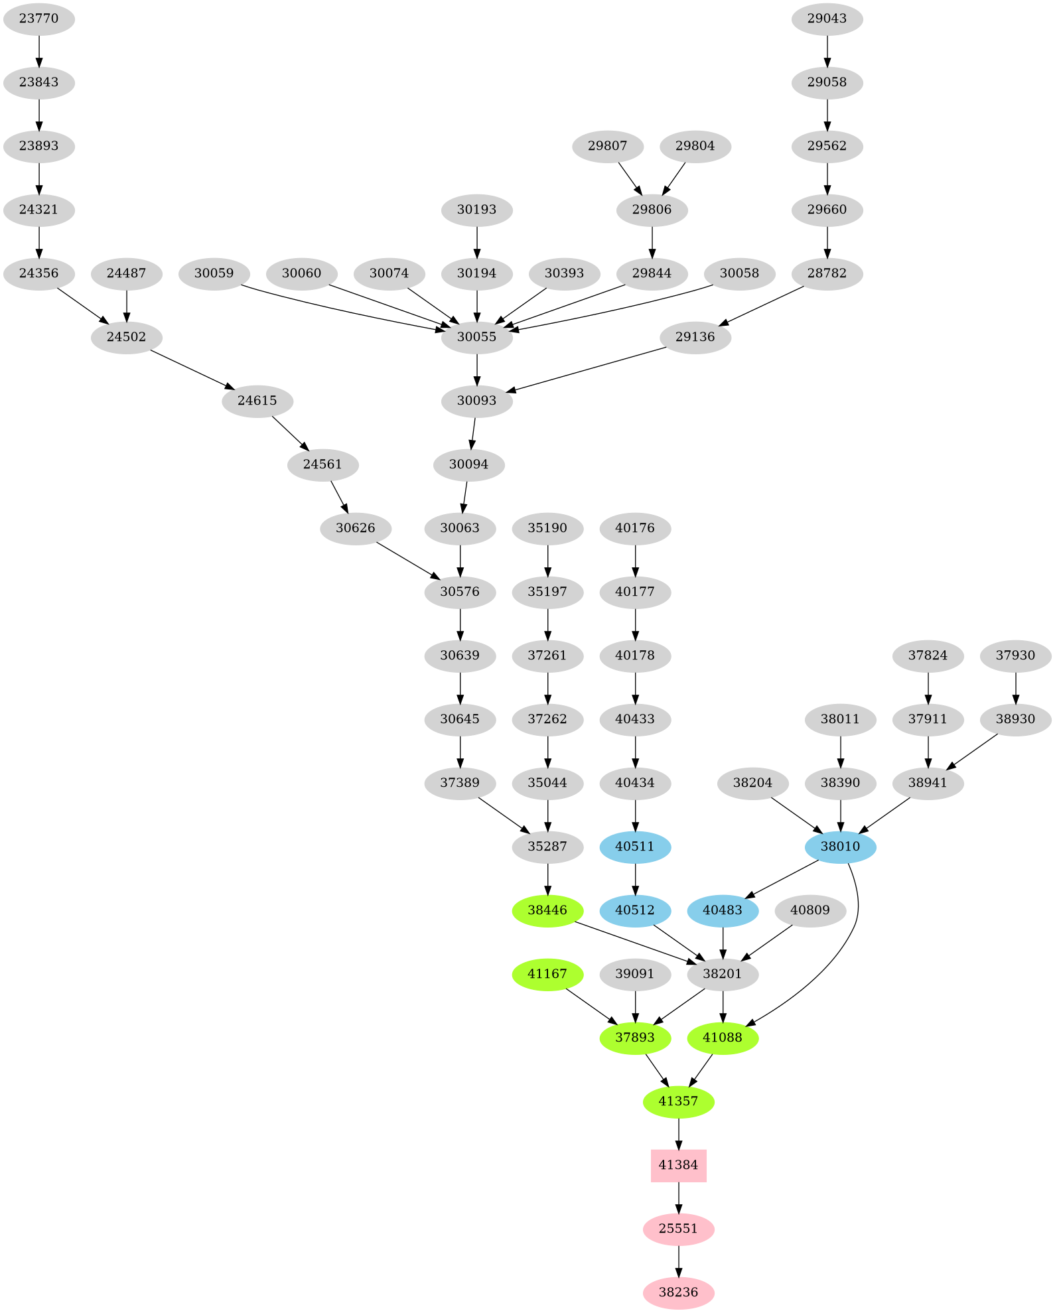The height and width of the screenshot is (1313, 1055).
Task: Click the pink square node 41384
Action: (678, 1165)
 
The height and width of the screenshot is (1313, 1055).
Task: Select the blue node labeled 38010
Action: (840, 847)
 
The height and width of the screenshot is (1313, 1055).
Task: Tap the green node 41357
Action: (678, 1101)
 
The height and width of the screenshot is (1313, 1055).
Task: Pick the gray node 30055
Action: (476, 337)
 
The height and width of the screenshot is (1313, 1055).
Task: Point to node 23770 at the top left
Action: (38, 19)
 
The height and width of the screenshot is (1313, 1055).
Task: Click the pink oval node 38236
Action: (678, 1292)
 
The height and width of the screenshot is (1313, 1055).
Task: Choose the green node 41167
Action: (547, 974)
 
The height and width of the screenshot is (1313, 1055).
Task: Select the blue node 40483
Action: (723, 910)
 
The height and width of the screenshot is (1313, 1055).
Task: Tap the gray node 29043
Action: (827, 19)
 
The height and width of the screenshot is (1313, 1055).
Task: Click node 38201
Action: (723, 974)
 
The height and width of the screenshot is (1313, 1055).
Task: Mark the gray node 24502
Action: (126, 337)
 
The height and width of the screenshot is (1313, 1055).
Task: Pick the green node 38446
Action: (547, 910)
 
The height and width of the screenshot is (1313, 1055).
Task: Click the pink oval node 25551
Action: (678, 1229)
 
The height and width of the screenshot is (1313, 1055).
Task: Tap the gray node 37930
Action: (1015, 656)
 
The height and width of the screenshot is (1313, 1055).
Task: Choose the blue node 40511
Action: (635, 847)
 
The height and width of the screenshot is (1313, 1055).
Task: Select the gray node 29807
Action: (607, 146)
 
